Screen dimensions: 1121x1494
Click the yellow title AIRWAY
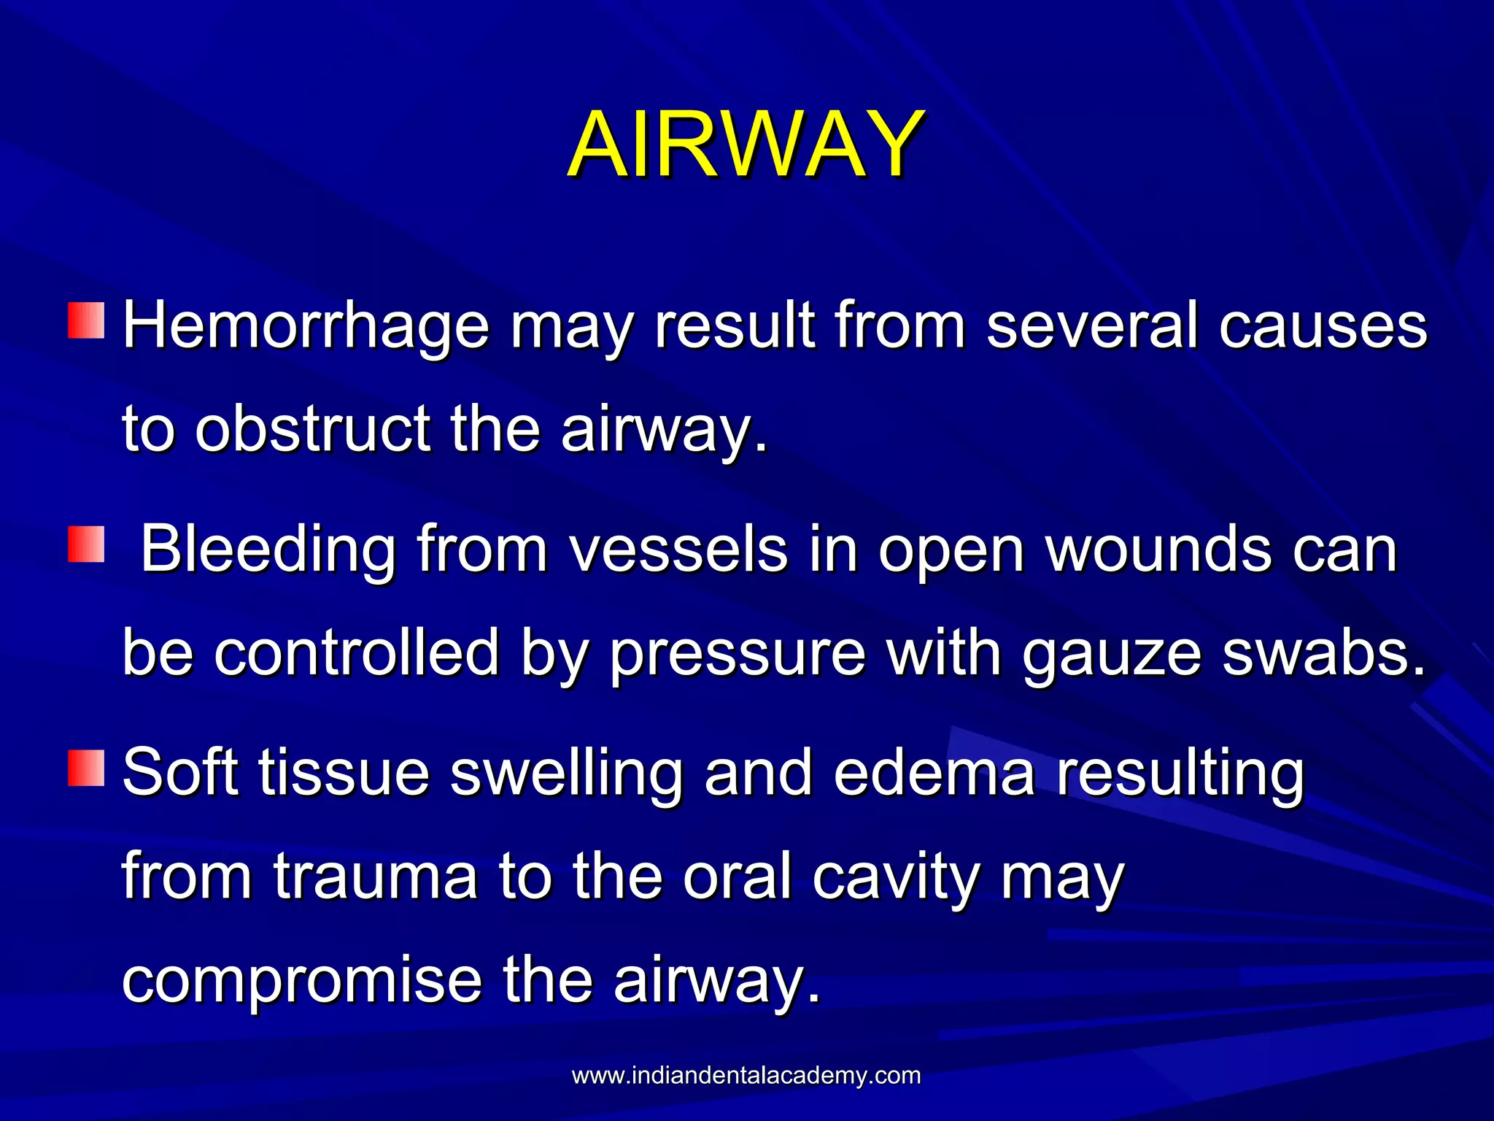(746, 144)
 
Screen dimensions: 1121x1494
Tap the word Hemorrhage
(306, 326)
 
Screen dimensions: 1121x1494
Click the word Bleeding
(268, 550)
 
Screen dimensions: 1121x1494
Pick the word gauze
(1111, 654)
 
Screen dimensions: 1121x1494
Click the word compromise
(302, 982)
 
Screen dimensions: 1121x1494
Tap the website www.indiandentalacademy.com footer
(746, 1076)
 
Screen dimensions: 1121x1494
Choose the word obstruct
(313, 429)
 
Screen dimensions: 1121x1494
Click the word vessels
(678, 550)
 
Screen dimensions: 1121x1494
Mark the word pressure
(738, 654)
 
